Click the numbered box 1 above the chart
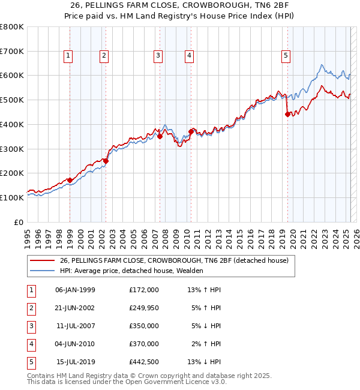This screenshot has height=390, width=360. tap(68, 56)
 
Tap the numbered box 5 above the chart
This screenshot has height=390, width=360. tap(286, 56)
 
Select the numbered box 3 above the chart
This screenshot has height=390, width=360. tap(158, 56)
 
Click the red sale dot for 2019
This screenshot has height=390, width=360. tap(287, 115)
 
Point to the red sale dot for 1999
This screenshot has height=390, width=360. tap(70, 180)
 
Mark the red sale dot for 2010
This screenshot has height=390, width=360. tap(191, 131)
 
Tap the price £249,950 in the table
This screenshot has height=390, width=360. tap(144, 308)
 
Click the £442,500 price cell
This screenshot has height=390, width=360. tap(144, 362)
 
